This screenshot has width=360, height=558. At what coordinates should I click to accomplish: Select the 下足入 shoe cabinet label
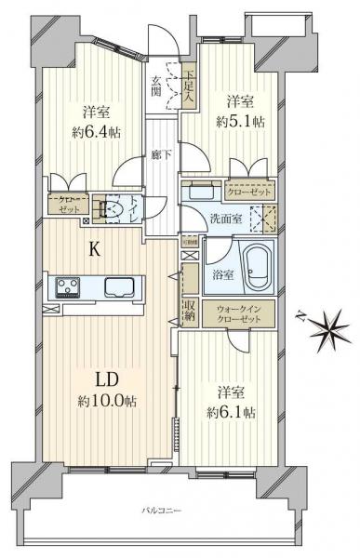pyautogui.click(x=189, y=86)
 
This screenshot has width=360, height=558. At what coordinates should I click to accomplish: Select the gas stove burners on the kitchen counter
pyautogui.click(x=67, y=285)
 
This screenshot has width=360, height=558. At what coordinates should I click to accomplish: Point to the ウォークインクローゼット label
pyautogui.click(x=239, y=314)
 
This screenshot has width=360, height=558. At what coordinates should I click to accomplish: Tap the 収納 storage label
pyautogui.click(x=189, y=312)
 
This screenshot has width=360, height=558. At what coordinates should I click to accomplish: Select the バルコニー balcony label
pyautogui.click(x=161, y=511)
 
